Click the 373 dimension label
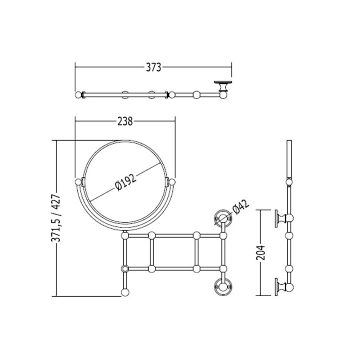(x=153, y=67)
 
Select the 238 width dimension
(x=125, y=122)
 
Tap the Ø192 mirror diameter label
(x=126, y=182)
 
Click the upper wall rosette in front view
(x=223, y=218)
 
